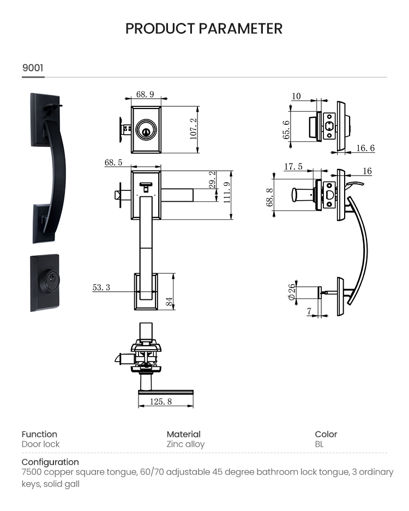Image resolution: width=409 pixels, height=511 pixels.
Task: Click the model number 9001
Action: tap(33, 68)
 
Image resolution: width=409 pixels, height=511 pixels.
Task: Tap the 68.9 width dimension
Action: tap(145, 94)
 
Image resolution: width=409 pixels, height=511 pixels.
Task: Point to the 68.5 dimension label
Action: tap(113, 163)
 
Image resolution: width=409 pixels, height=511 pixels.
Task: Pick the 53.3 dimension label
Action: tap(101, 287)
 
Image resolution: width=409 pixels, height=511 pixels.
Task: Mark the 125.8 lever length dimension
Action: tap(161, 401)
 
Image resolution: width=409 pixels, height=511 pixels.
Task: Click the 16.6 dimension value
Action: tap(365, 148)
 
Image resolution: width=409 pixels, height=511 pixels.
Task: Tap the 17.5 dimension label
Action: tap(293, 166)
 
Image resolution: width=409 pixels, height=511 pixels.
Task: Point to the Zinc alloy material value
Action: tap(185, 444)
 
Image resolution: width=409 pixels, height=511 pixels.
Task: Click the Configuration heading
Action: tap(50, 462)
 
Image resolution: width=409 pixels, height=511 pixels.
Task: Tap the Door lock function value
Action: tap(40, 444)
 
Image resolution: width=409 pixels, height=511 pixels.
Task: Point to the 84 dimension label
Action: tap(170, 300)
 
